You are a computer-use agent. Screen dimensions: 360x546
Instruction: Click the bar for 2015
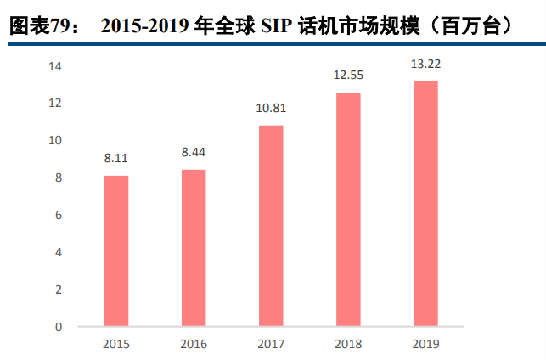tap(116, 250)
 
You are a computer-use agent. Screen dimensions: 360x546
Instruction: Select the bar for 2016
tap(194, 247)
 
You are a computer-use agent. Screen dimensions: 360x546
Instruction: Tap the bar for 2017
tap(271, 225)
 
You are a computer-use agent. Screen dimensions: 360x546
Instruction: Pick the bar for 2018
tap(348, 209)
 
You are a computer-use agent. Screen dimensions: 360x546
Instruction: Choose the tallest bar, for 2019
tap(425, 203)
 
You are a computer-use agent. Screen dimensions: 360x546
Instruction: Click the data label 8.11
tap(116, 158)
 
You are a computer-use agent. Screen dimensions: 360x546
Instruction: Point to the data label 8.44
tap(194, 152)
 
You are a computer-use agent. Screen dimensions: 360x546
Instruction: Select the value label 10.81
tap(271, 108)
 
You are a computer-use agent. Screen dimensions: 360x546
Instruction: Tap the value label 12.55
tap(348, 76)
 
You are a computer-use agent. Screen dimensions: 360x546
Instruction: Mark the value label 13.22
tap(425, 63)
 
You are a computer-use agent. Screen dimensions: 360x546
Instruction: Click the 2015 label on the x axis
tap(116, 344)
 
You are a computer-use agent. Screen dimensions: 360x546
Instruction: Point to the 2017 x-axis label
tap(271, 344)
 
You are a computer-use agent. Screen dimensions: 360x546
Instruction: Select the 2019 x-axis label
tap(425, 344)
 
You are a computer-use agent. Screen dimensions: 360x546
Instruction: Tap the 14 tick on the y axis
tap(55, 66)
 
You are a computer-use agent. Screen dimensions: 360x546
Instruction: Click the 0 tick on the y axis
tap(59, 327)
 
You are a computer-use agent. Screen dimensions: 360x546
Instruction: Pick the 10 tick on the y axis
tap(55, 140)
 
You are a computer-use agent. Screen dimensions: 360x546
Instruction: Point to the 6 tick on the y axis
tap(59, 215)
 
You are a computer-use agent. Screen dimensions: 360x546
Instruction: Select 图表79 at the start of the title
tap(37, 27)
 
